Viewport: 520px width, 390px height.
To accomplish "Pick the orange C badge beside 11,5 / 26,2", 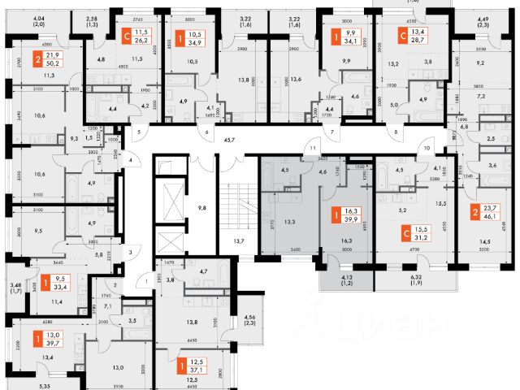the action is (125, 35).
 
